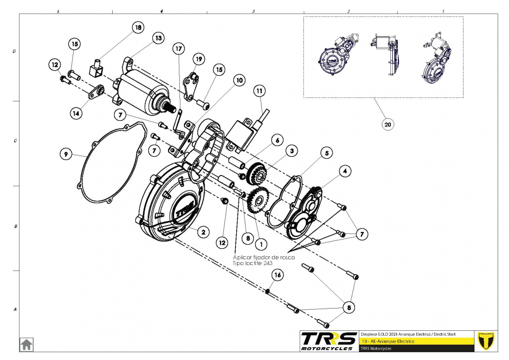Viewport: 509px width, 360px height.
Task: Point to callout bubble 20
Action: coord(387,125)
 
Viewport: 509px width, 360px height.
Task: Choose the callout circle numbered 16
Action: coord(277,274)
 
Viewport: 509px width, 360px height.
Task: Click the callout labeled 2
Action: coord(202,231)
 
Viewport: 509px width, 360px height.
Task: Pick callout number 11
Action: coord(260,91)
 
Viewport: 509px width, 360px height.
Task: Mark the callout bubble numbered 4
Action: coord(345,171)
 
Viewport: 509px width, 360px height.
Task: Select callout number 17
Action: coord(178,48)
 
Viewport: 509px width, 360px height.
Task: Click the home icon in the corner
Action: coord(26,344)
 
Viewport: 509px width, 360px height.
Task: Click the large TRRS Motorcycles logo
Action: coord(329,340)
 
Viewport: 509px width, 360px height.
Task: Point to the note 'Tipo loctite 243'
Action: coord(253,264)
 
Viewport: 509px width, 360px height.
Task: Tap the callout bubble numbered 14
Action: coord(76,113)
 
